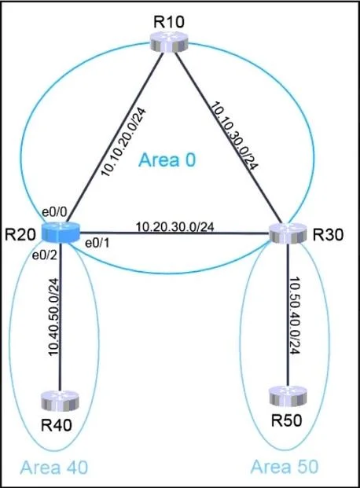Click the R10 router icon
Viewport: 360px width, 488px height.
click(169, 42)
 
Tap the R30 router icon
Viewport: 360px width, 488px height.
click(288, 233)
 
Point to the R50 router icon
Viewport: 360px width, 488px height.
click(288, 396)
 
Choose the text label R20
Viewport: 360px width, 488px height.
click(20, 234)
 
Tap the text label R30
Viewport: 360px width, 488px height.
click(328, 235)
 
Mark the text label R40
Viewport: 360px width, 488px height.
click(57, 425)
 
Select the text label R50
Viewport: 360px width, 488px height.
click(286, 420)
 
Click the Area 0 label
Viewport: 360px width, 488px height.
click(167, 160)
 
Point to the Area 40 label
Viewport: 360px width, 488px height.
click(54, 468)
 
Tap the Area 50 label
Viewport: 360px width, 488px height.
click(285, 467)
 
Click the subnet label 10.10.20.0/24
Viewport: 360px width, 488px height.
click(123, 142)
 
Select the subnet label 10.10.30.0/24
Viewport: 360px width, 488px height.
click(234, 137)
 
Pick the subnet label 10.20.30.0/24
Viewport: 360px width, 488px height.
click(175, 227)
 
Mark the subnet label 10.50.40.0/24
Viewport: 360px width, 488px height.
click(294, 315)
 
